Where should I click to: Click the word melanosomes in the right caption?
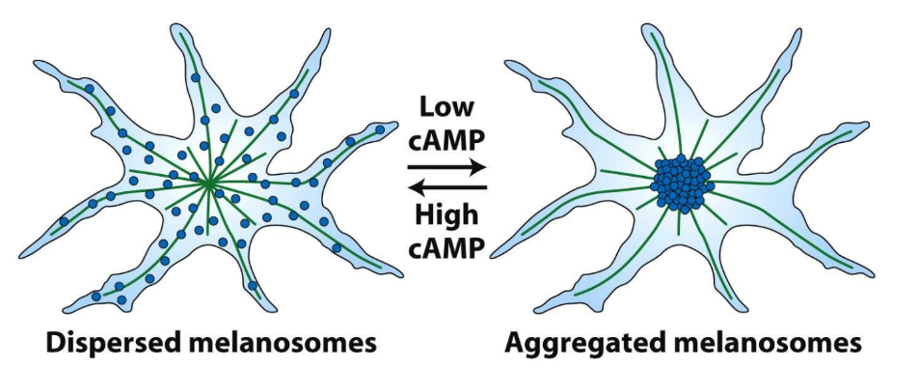pos(778,343)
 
